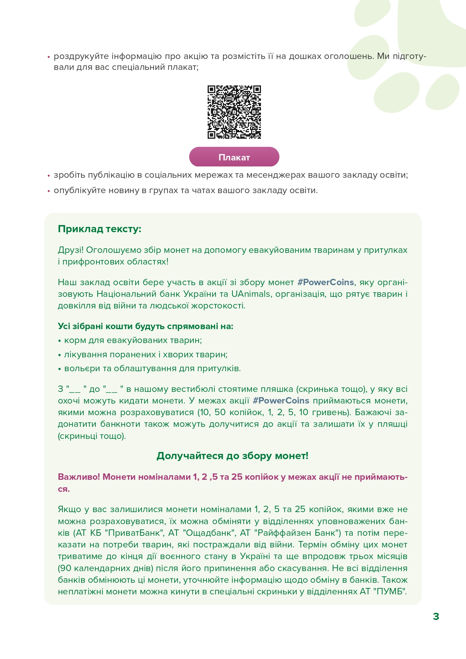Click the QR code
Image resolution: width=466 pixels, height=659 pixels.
point(234,112)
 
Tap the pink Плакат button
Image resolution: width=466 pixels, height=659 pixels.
point(234,157)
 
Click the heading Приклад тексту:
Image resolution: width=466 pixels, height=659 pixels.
point(100,229)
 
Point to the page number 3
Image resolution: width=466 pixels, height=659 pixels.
point(436,617)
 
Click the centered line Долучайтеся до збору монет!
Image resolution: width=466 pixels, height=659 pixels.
point(232,456)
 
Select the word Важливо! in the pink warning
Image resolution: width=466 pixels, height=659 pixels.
point(78,477)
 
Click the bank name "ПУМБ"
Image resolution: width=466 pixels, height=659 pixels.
point(390,591)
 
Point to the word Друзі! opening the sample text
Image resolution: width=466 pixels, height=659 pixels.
point(71,250)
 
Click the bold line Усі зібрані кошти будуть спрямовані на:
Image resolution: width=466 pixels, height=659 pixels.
point(145,326)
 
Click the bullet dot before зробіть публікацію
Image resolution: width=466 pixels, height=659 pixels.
point(48,175)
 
